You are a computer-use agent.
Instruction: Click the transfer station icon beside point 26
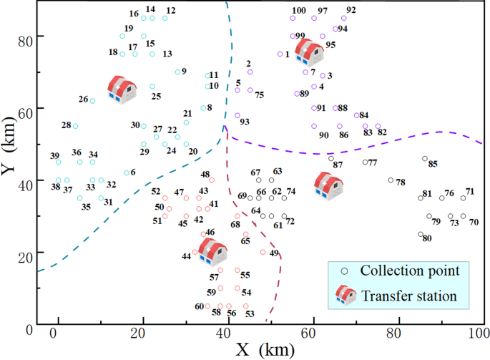tap(122, 90)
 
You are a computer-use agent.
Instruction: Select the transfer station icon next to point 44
tap(212, 250)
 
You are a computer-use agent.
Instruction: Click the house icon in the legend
tap(346, 296)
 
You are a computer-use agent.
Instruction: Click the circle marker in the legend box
tap(345, 271)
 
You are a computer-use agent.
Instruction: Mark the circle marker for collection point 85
tap(425, 159)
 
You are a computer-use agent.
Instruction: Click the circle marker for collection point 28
tap(75, 126)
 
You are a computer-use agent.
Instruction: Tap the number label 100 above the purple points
tap(299, 11)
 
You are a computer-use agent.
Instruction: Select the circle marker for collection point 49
tap(263, 252)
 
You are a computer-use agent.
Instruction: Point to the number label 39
tap(54, 156)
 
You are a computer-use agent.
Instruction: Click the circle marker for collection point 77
tap(365, 162)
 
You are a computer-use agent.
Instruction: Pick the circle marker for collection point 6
tap(127, 172)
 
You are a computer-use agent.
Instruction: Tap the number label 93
tap(245, 122)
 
